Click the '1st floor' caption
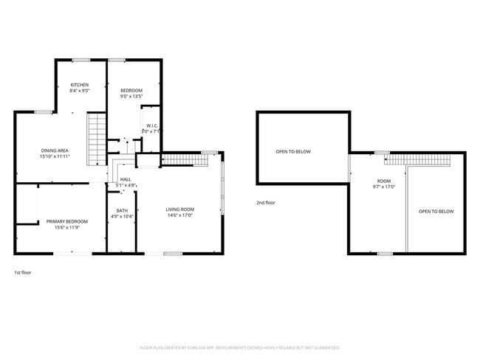23,272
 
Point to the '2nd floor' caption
266,201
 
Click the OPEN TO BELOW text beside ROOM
436,212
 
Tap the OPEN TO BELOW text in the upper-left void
293,152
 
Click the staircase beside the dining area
96,139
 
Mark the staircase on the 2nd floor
418,160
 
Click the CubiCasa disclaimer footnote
240,347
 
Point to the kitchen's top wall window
81,60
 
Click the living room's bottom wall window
173,253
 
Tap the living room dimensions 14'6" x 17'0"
179,216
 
